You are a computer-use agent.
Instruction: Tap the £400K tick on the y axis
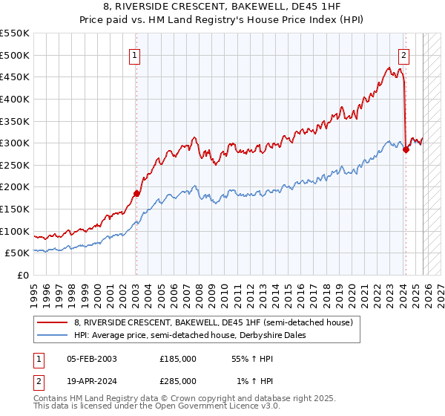(15, 99)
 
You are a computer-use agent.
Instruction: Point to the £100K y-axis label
(15, 231)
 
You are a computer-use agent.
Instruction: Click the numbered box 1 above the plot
(136, 54)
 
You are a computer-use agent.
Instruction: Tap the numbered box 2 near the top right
(404, 54)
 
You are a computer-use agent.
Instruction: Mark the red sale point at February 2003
(136, 193)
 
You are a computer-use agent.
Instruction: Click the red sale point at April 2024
(406, 149)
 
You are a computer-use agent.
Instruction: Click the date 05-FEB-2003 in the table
(92, 359)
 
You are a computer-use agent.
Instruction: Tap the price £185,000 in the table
(178, 359)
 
